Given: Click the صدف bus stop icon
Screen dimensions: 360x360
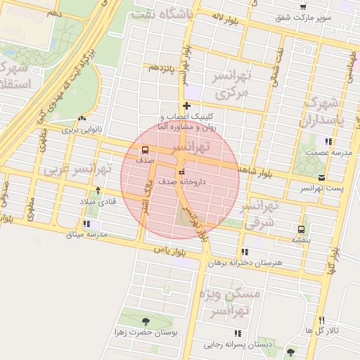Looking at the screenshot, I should (145, 150).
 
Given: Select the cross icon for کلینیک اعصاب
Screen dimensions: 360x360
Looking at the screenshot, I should (186, 106).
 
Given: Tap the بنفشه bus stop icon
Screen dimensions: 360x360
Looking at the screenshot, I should (302, 229).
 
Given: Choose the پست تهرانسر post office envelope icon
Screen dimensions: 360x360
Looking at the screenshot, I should (321, 178).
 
